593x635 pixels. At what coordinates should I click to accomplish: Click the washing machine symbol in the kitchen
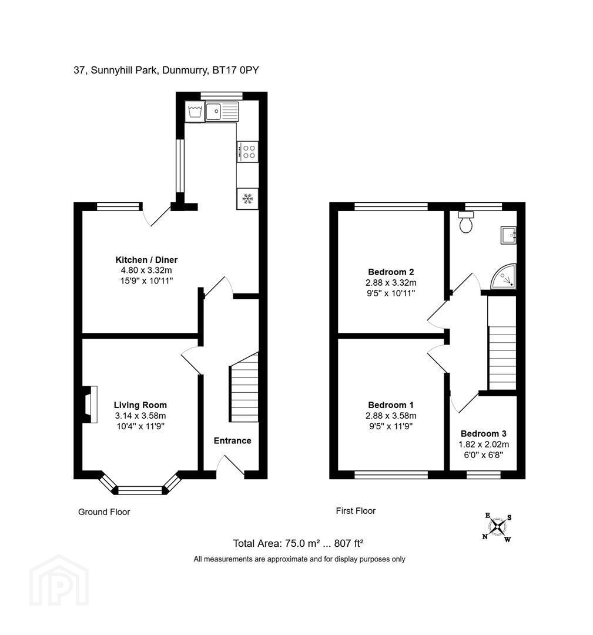tap(195, 111)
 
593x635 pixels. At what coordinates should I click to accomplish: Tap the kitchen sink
tap(222, 111)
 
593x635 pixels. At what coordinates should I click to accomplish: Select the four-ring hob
tap(247, 152)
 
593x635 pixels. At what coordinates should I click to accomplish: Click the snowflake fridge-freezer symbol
tap(247, 199)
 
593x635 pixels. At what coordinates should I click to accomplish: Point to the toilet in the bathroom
tap(466, 222)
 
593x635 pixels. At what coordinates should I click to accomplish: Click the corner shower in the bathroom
tap(504, 277)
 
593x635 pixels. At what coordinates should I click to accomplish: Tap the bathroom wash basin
tap(508, 235)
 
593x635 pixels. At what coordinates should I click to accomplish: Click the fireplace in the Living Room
tap(90, 405)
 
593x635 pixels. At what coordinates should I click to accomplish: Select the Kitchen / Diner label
tap(146, 260)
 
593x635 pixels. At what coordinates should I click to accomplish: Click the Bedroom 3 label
tap(483, 434)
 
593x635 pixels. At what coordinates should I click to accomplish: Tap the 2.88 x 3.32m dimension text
tap(391, 283)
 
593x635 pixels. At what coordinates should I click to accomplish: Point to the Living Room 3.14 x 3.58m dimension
tap(140, 416)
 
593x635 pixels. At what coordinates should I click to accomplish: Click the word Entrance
tap(232, 440)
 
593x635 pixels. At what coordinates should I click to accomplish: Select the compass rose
tap(497, 527)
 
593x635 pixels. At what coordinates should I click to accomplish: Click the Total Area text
tap(299, 543)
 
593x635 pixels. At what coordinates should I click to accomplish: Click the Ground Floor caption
tap(104, 512)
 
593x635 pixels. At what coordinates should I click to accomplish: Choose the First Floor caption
tap(356, 511)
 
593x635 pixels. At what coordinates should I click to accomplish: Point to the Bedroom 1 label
tap(391, 405)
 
